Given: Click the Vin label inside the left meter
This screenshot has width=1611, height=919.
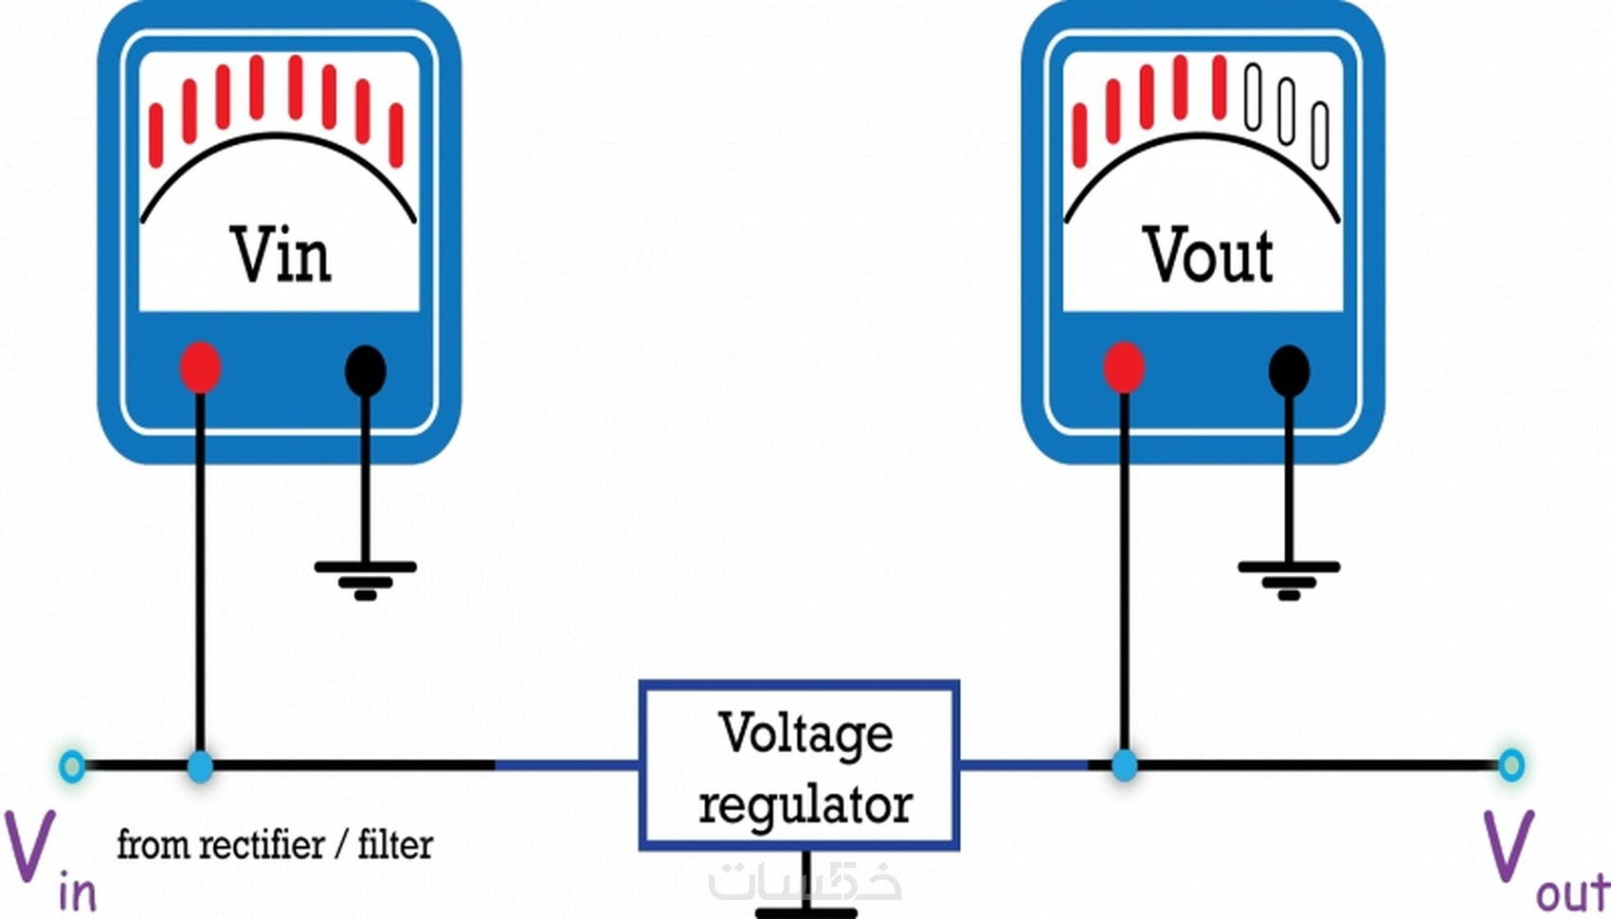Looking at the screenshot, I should click(281, 255).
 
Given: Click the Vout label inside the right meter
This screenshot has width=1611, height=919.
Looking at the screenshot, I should click(1207, 255).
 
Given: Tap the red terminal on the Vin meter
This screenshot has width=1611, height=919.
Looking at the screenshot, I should click(201, 368).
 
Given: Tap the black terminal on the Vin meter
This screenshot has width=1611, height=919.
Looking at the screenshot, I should click(366, 370).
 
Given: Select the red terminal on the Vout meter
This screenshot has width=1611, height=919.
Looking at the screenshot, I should click(1124, 368).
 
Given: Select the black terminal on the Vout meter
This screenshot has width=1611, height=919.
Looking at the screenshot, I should click(1289, 370).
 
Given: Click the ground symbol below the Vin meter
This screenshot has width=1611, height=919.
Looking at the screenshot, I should click(366, 579).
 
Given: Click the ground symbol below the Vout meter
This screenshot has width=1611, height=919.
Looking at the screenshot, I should click(1289, 579).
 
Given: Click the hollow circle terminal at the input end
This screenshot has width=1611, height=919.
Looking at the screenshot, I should click(72, 766).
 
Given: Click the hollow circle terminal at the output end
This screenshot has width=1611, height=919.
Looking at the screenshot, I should click(1511, 765).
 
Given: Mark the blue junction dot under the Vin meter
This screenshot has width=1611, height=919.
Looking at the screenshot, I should click(200, 766).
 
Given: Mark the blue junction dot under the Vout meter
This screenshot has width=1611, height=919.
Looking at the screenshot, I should click(1124, 766).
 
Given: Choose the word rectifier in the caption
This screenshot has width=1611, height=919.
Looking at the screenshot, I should click(265, 843).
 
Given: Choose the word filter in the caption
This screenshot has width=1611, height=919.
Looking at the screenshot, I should click(395, 843).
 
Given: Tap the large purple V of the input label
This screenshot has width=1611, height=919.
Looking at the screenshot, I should click(28, 847).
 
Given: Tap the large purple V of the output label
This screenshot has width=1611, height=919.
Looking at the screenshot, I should click(1507, 847).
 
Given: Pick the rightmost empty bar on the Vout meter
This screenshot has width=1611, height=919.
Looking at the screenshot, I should click(1320, 135).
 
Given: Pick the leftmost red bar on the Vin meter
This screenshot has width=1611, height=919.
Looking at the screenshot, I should click(156, 135).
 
